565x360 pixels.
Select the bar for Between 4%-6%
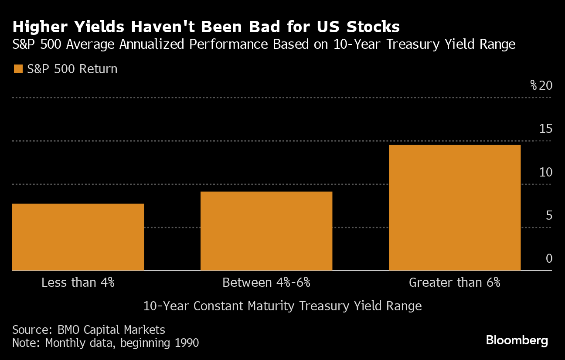pos(266,231)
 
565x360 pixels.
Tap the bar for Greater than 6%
pos(454,207)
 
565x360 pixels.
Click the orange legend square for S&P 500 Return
pos(18,69)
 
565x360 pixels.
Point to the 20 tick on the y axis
pos(546,85)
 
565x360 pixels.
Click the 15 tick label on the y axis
pos(546,129)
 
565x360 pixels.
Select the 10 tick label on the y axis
pos(546,172)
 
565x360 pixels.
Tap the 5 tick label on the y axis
pos(549,215)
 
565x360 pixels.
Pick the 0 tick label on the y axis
pos(549,258)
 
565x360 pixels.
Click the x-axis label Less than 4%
pos(78,282)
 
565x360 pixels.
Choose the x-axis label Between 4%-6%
pos(266,282)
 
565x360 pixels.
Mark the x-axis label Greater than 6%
pos(454,282)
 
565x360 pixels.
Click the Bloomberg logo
pos(517,340)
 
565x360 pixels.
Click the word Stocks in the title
pos(373,27)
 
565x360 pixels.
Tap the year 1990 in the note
pos(185,343)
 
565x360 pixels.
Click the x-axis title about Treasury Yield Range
pos(282,306)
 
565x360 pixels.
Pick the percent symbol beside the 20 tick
pos(534,85)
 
